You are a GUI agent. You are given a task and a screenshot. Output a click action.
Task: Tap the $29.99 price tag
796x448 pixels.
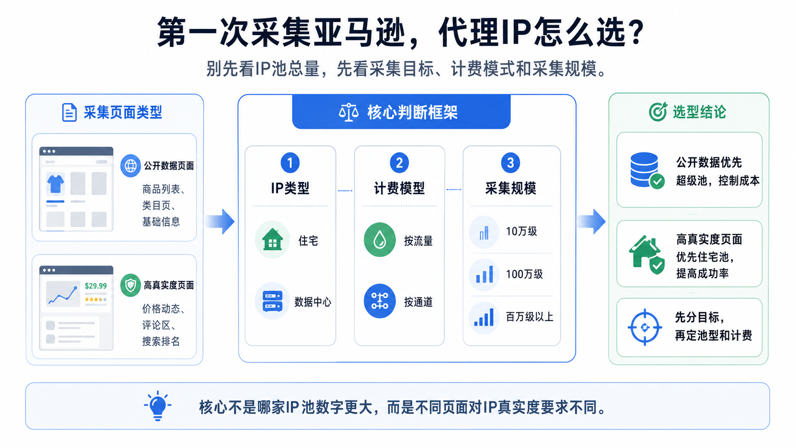[96, 286]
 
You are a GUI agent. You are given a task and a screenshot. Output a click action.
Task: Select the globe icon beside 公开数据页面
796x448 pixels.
[130, 166]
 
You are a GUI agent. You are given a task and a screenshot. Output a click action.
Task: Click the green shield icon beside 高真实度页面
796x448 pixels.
[130, 285]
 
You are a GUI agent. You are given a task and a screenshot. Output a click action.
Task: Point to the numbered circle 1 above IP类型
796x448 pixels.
[290, 163]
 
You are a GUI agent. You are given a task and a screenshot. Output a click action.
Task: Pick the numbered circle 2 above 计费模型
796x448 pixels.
[399, 163]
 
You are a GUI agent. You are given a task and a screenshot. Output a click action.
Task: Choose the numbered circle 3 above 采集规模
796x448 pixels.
[510, 163]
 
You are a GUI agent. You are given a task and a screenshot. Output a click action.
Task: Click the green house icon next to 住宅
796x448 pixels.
[273, 239]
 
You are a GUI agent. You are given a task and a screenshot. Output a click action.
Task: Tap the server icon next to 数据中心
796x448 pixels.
[273, 301]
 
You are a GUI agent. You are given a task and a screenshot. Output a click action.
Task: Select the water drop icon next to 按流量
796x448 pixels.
[379, 239]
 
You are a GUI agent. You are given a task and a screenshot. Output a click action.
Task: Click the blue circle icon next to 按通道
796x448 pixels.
[379, 301]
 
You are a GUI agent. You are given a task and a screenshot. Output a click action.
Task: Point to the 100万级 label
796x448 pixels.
[525, 274]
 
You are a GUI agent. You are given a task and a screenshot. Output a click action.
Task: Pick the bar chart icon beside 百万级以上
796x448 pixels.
[484, 317]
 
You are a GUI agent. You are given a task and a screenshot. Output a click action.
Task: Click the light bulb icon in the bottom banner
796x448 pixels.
[158, 406]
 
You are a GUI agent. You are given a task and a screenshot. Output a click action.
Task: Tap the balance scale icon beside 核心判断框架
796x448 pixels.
[348, 112]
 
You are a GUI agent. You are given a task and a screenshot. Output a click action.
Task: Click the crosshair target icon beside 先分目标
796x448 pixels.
[645, 327]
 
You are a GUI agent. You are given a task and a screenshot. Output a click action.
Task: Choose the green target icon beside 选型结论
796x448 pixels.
[658, 112]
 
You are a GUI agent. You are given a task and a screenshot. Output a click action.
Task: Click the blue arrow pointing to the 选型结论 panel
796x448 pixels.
[591, 222]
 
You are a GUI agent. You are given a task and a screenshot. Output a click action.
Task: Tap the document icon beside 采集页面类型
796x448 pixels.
[70, 112]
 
